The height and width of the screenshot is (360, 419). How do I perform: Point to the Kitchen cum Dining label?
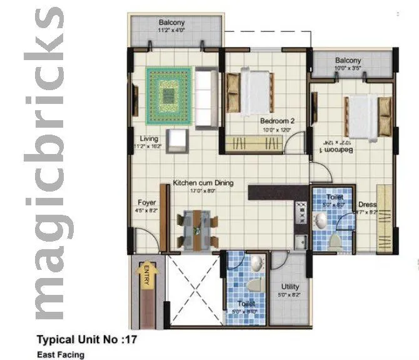(203, 183)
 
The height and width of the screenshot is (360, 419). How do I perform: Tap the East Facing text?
(61, 354)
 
